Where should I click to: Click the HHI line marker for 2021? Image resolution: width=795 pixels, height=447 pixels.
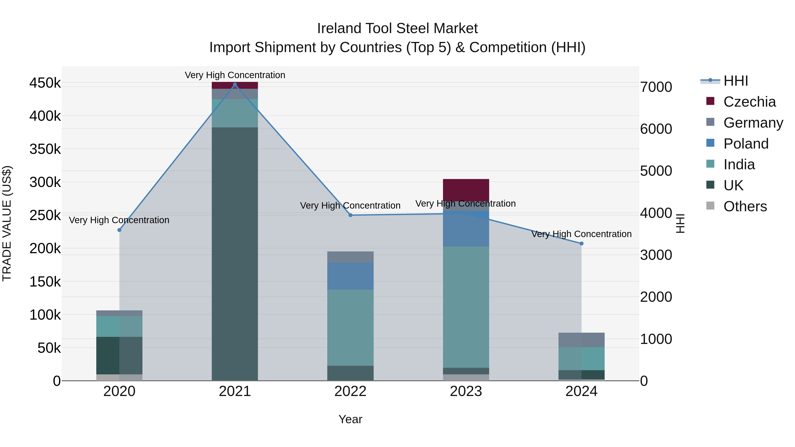[235, 85]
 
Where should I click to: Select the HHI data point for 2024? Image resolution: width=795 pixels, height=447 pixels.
[581, 243]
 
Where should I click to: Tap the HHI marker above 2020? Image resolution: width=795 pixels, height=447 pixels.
[119, 230]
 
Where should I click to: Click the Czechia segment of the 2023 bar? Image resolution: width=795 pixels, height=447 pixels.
[466, 190]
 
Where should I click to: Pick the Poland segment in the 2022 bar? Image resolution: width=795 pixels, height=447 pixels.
[350, 276]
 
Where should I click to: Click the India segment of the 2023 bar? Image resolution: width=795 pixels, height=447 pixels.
[466, 307]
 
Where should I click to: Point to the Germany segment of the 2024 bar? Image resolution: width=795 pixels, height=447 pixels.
[581, 340]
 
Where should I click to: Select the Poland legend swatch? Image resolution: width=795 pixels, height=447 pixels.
[710, 143]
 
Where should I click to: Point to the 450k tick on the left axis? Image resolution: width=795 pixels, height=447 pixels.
[45, 83]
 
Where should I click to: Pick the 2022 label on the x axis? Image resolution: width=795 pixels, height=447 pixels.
[350, 391]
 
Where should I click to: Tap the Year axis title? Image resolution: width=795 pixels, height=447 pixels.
[350, 419]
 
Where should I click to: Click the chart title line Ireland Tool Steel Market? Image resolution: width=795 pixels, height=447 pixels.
[397, 28]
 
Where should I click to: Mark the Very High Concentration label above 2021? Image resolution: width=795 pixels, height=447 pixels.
[235, 75]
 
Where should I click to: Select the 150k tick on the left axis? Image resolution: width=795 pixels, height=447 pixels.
[45, 282]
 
